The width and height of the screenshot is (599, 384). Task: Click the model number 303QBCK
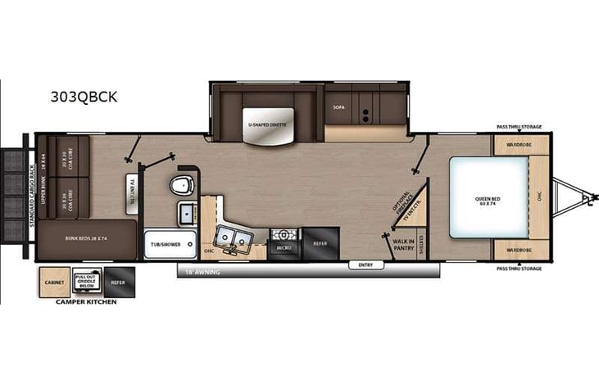(x=84, y=97)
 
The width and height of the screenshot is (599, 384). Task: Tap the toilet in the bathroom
(x=182, y=187)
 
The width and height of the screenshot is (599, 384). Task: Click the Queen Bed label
(x=488, y=199)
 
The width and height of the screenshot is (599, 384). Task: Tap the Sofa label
(x=339, y=107)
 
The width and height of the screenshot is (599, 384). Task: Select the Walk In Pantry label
(x=403, y=243)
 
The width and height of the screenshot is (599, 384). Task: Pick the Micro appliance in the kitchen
(x=284, y=245)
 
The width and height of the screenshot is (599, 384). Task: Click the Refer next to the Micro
(x=320, y=243)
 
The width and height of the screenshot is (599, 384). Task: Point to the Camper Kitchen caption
(x=86, y=302)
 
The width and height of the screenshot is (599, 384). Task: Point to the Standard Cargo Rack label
(x=31, y=188)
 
